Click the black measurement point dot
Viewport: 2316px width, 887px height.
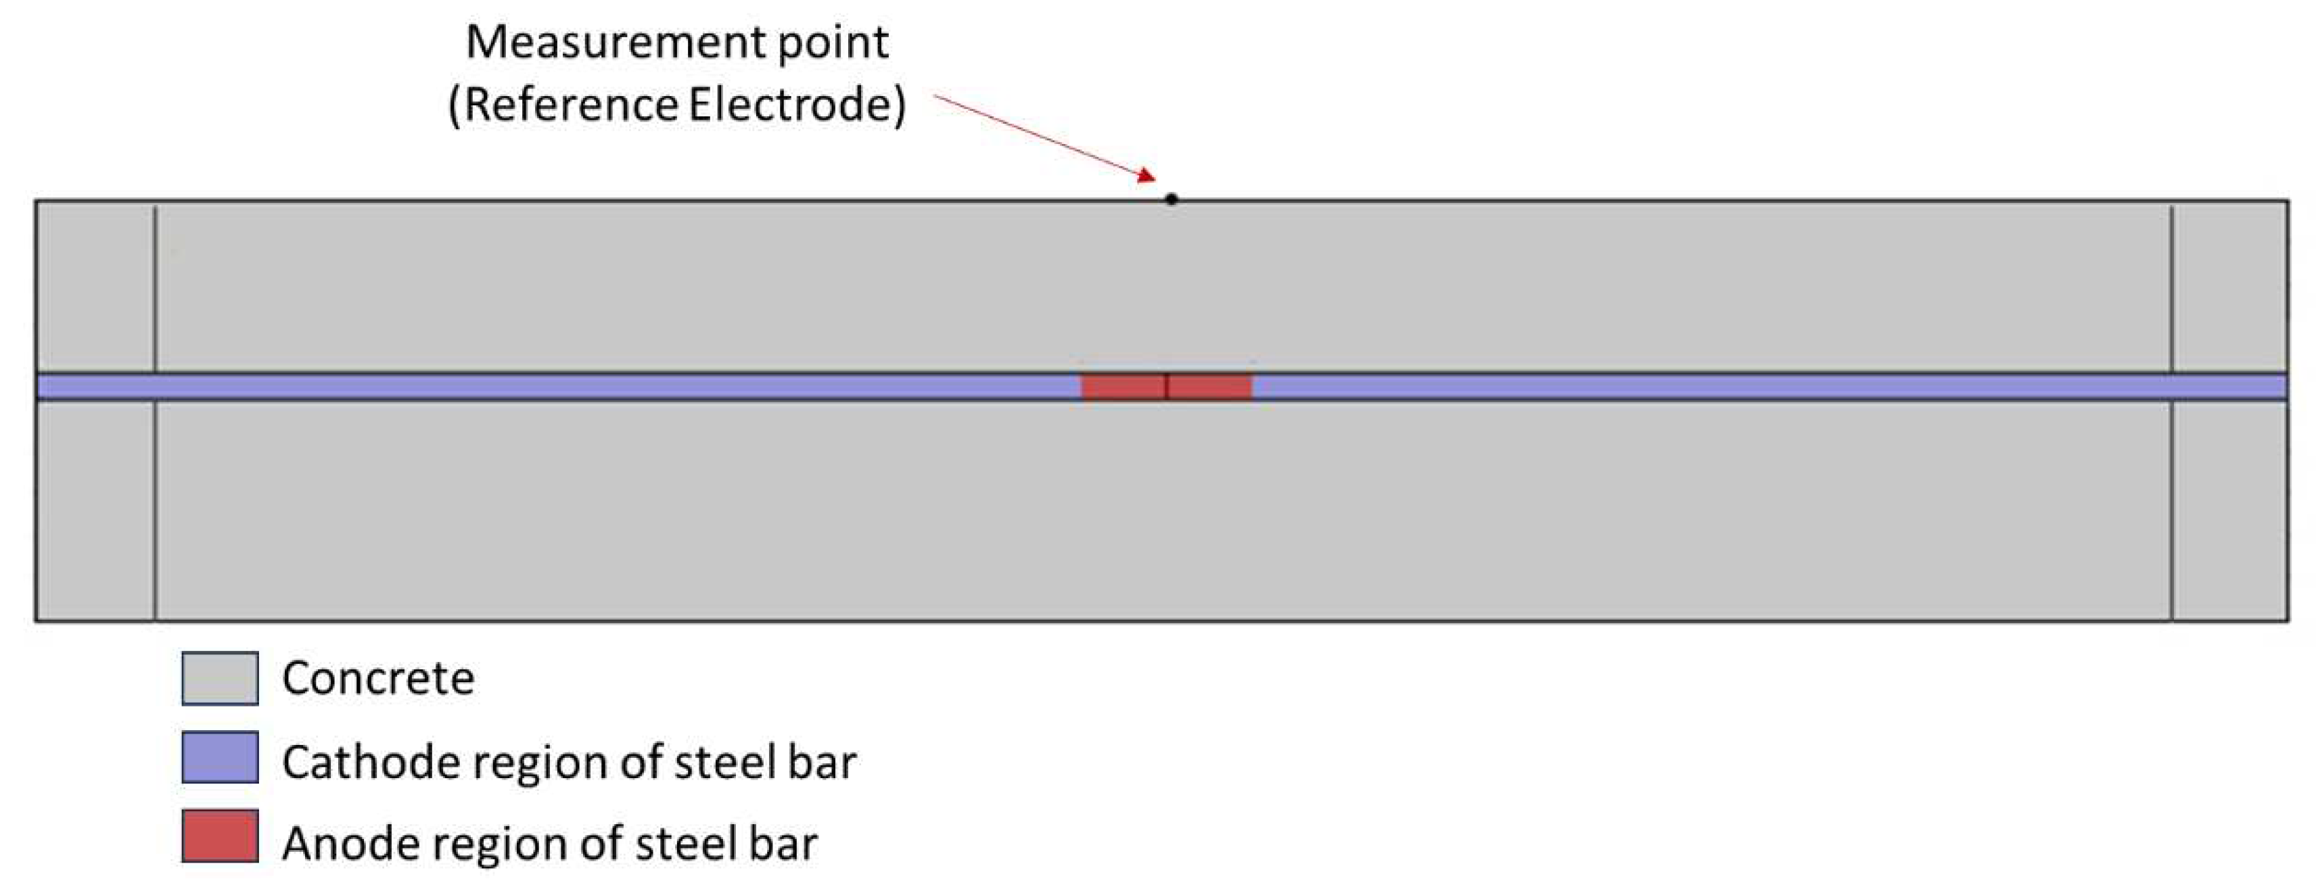[1171, 199]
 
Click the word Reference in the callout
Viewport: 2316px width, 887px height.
[571, 104]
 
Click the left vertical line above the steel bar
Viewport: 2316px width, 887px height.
[155, 287]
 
